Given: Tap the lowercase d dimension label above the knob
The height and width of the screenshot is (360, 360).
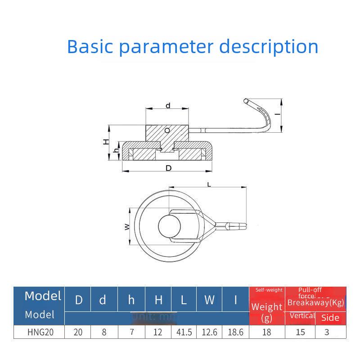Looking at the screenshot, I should tap(167, 106).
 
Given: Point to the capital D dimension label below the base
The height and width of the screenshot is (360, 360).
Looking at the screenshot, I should tap(168, 168).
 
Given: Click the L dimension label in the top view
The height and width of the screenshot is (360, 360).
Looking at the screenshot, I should tap(209, 184).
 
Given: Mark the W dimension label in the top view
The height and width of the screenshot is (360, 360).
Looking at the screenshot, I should tap(127, 226).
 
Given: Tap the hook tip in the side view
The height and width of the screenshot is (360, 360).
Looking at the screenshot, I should tap(245, 100).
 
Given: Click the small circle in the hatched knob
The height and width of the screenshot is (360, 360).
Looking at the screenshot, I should tap(167, 130).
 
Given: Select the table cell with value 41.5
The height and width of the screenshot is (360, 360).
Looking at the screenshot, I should tap(184, 333).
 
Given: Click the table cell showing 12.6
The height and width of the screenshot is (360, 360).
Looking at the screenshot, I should tap(210, 333).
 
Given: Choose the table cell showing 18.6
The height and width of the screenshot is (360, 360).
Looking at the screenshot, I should tap(235, 333).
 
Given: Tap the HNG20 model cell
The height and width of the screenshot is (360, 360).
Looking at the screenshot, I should tap(39, 333).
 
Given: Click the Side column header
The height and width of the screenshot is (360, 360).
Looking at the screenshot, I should tap(330, 318).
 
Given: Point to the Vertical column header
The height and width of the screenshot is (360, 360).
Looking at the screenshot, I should tap(302, 316).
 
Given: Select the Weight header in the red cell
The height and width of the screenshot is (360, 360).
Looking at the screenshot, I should tap(267, 307).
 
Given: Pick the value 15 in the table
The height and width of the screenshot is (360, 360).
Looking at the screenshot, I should tap(300, 333).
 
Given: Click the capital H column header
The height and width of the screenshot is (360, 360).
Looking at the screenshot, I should tap(158, 300).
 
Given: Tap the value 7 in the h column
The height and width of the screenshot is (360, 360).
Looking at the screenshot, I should tap(131, 333).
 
